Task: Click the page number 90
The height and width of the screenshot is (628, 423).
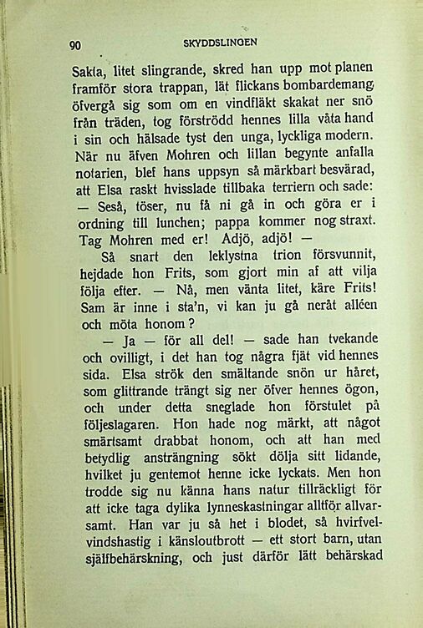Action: (75, 45)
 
